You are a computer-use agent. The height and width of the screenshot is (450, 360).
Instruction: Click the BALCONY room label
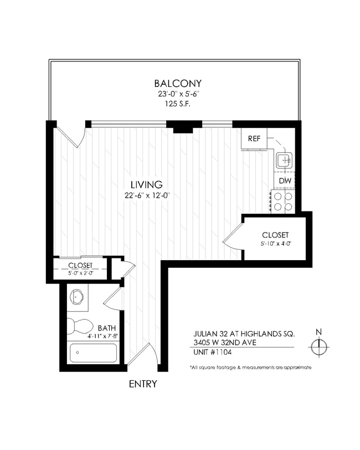tap(174, 84)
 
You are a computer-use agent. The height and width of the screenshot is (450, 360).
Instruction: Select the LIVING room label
tap(146, 184)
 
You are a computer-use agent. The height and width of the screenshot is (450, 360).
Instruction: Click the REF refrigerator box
tap(254, 138)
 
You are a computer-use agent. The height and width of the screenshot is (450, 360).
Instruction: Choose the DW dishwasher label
tap(285, 181)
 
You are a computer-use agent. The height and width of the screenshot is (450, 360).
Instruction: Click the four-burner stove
tap(283, 201)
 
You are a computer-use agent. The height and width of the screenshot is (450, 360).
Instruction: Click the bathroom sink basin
tap(78, 297)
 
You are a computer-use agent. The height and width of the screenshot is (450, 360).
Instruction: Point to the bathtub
tap(92, 352)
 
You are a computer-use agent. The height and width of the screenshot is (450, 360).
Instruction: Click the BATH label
tap(106, 327)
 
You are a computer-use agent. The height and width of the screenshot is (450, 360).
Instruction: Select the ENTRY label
tap(143, 384)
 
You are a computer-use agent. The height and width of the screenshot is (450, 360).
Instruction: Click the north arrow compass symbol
tap(318, 346)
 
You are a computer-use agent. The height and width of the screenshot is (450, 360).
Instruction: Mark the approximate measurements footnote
tap(250, 368)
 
